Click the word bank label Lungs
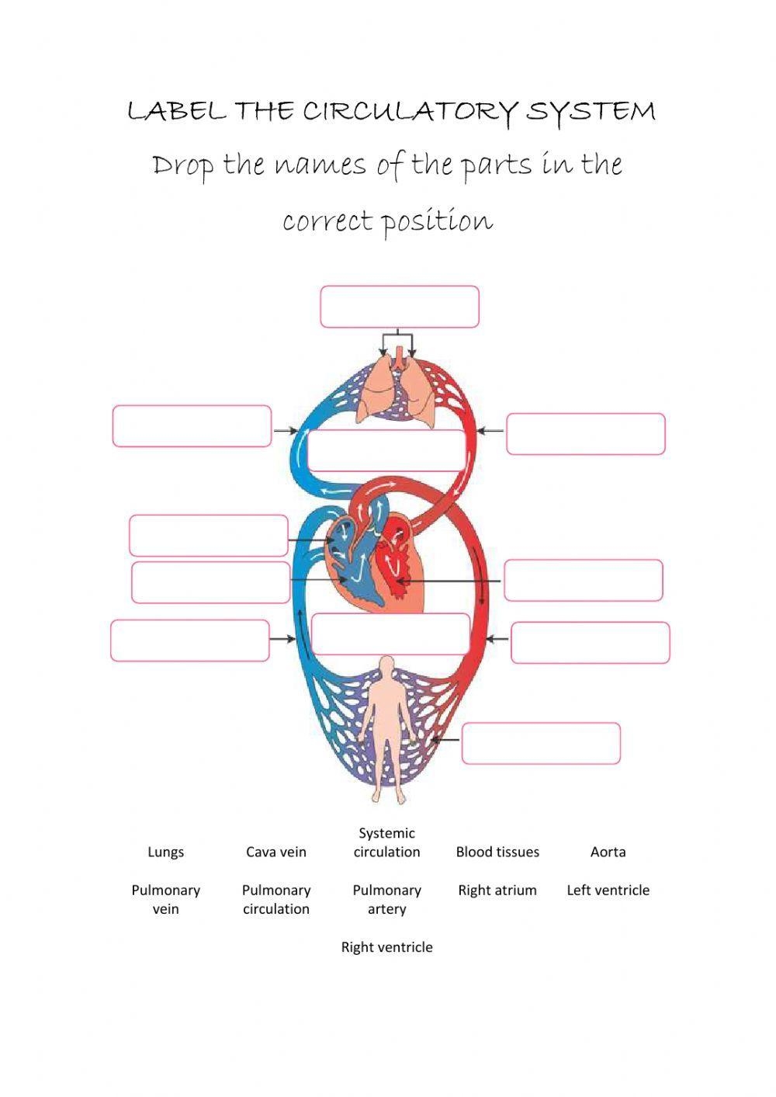pos(165,852)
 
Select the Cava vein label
pos(276,852)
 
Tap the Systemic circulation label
pos(386,842)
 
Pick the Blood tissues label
pos(497,852)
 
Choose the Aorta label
pos(608,852)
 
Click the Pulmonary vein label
pos(165,899)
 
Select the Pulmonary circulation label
pos(276,899)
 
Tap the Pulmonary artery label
pos(386,899)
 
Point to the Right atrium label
pos(497,890)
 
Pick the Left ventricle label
pos(608,890)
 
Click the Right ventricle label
pos(386,946)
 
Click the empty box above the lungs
pos(400,307)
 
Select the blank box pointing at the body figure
pos(541,744)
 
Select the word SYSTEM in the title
pos(591,112)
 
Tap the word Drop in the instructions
pos(182,165)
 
